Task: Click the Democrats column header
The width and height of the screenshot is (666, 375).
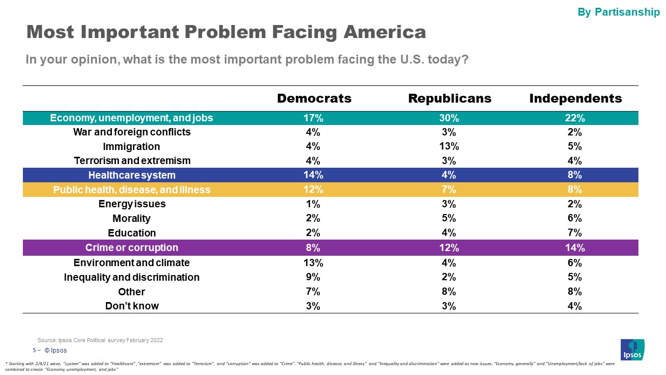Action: [314, 98]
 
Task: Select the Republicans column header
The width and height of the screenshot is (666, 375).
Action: [450, 98]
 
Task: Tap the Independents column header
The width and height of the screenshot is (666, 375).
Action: [575, 98]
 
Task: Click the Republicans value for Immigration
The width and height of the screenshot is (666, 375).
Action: [450, 146]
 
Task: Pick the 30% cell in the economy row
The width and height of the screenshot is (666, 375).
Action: [450, 118]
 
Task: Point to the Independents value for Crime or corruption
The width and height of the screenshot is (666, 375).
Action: [575, 247]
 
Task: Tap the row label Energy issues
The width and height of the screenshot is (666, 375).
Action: [132, 204]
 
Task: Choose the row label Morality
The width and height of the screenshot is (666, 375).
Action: [132, 218]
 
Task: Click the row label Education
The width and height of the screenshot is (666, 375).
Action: [132, 233]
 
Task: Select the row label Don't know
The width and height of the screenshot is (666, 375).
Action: [132, 306]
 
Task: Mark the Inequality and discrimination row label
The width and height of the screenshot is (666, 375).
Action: [132, 277]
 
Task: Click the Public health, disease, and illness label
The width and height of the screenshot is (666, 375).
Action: [132, 190]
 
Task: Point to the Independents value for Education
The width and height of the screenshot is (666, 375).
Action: [575, 233]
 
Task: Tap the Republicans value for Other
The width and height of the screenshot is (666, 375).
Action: [450, 292]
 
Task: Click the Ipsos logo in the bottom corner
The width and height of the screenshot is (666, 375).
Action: [632, 349]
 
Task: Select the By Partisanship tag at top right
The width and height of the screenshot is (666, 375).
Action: [618, 12]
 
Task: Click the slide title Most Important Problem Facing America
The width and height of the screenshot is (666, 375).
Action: [226, 32]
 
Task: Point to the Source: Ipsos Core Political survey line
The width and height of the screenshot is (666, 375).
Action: [100, 340]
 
